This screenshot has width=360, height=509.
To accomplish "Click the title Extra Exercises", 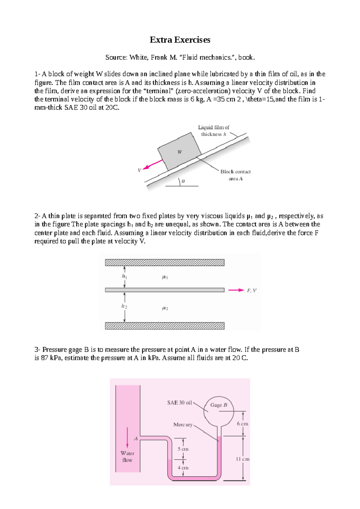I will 180,40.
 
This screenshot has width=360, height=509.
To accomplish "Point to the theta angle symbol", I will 183,181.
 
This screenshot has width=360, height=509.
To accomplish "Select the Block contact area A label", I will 235,175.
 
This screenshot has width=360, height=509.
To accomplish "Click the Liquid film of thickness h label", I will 214,131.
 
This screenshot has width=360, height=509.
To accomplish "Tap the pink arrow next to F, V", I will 236,290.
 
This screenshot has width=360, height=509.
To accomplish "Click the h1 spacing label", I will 124,276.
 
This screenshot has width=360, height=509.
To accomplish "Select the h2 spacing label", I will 124,306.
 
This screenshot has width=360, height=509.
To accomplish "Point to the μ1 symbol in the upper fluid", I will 165,277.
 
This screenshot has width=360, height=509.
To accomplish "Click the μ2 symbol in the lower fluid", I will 165,308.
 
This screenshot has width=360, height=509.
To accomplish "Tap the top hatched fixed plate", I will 164,263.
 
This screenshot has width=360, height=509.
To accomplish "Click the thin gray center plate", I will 164,290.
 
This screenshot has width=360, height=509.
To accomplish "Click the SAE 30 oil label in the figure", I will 179,403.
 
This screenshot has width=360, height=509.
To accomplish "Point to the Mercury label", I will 183,424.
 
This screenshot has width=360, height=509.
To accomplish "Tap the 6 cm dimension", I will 242,424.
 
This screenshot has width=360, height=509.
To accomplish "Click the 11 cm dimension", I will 242,459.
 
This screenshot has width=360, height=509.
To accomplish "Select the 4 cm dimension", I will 183,468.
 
